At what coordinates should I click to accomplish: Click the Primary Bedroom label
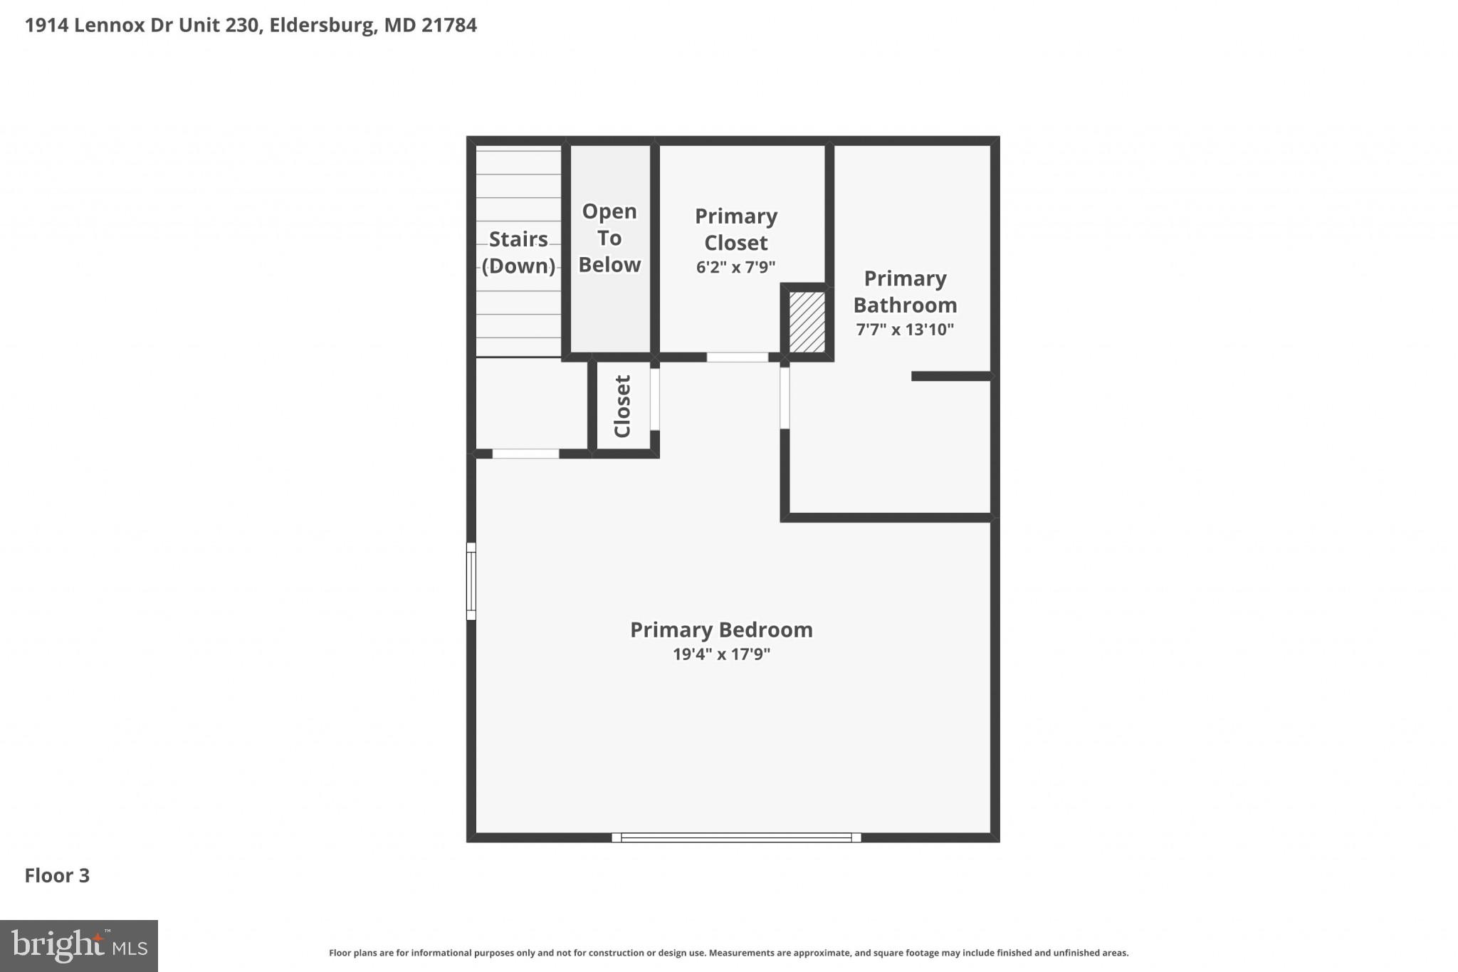(x=721, y=629)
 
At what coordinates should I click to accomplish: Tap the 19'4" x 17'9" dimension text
(x=721, y=654)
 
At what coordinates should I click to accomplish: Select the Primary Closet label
(x=735, y=229)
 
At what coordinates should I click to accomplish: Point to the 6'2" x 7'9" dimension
(x=735, y=267)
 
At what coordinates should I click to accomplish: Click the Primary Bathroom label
(x=905, y=291)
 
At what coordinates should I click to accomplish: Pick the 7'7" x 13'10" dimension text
(x=905, y=329)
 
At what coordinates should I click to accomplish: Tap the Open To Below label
(x=609, y=238)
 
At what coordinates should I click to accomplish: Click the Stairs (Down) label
(x=518, y=252)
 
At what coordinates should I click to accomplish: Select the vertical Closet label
(x=622, y=406)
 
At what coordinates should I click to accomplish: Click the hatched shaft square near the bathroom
(x=807, y=321)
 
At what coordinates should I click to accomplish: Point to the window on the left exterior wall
(x=471, y=581)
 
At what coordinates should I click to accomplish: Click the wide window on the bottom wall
(x=736, y=837)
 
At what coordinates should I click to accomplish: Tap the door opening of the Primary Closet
(x=737, y=357)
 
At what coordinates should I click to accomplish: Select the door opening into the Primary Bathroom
(x=785, y=397)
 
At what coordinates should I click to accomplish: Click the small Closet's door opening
(x=655, y=399)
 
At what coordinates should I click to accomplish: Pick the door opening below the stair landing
(x=525, y=454)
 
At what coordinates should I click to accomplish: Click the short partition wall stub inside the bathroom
(x=951, y=376)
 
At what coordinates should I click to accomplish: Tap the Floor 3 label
(x=57, y=875)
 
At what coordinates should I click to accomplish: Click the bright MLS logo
(x=79, y=946)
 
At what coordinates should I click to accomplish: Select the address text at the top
(x=251, y=26)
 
